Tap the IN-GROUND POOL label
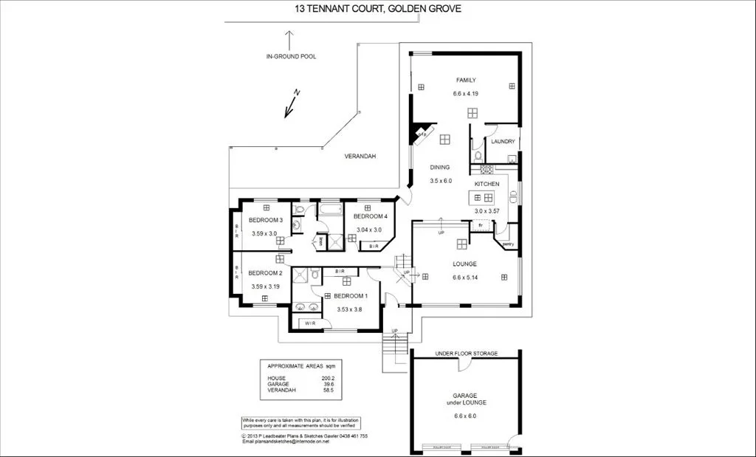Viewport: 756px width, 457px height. pos(291,56)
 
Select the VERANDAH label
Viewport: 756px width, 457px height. pos(360,157)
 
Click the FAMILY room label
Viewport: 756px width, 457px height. pos(465,80)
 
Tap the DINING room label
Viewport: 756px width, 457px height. pos(440,168)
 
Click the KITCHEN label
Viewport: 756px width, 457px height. pos(487,184)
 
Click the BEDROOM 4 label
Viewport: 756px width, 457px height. pos(370,216)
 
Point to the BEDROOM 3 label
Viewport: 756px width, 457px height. pos(266,220)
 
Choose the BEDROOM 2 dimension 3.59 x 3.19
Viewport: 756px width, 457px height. pos(265,286)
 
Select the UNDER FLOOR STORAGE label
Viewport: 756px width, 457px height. pos(467,354)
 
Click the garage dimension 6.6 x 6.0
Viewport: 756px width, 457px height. pos(465,416)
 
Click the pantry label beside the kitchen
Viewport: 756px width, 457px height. pos(507,244)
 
